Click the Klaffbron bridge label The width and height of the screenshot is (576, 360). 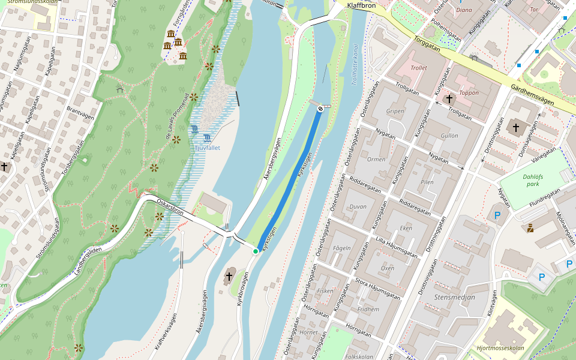(361, 5)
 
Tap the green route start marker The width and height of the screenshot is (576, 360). (256, 251)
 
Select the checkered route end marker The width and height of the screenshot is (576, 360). (321, 109)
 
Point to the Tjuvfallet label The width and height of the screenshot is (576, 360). (208, 147)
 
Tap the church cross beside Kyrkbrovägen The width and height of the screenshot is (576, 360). (229, 277)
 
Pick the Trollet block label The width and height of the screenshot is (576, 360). (419, 68)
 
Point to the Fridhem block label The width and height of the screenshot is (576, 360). (368, 310)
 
